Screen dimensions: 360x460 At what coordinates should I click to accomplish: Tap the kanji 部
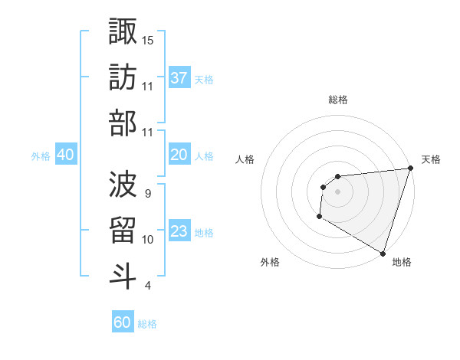pyautogui.click(x=123, y=123)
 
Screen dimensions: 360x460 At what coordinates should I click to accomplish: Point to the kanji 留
pyautogui.click(x=123, y=230)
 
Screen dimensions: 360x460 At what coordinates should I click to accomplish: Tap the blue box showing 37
pyautogui.click(x=179, y=78)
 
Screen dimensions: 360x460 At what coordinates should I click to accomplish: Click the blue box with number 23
pyautogui.click(x=179, y=232)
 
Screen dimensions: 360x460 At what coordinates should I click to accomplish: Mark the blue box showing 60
pyautogui.click(x=123, y=322)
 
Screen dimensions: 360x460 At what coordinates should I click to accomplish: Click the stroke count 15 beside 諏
pyautogui.click(x=148, y=39)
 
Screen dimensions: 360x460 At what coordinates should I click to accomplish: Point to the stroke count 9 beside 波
pyautogui.click(x=147, y=192)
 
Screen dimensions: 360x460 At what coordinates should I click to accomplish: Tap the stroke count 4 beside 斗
pyautogui.click(x=147, y=286)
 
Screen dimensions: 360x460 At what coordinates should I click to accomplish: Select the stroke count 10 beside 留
pyautogui.click(x=148, y=240)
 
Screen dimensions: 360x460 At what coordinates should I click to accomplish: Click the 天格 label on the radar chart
pyautogui.click(x=431, y=159)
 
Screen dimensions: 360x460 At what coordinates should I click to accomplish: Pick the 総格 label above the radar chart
pyautogui.click(x=338, y=100)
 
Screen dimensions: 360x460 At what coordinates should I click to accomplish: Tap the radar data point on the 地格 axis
pyautogui.click(x=383, y=253)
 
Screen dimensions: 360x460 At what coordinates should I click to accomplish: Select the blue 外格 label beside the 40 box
pyautogui.click(x=41, y=156)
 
